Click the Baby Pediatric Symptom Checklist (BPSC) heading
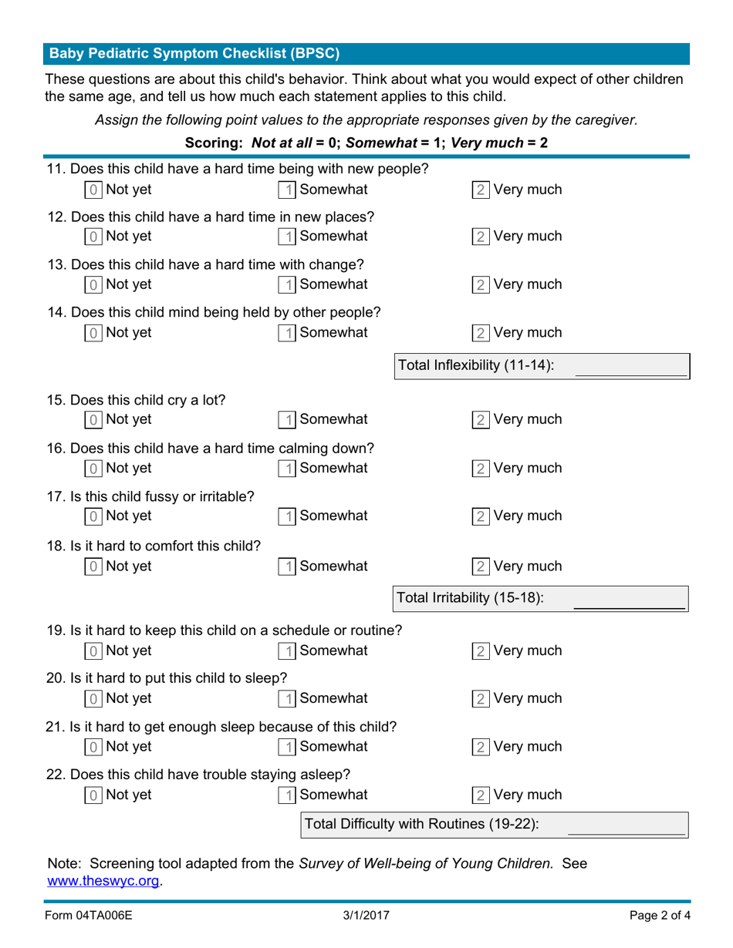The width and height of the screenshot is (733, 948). (x=194, y=54)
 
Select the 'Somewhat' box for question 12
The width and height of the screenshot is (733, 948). (x=286, y=236)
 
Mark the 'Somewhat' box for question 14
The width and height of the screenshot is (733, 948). (x=286, y=333)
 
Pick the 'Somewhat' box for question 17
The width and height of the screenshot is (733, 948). (x=286, y=516)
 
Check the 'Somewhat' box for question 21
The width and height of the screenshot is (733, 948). (x=286, y=747)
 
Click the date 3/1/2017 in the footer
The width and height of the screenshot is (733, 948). (x=366, y=916)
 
